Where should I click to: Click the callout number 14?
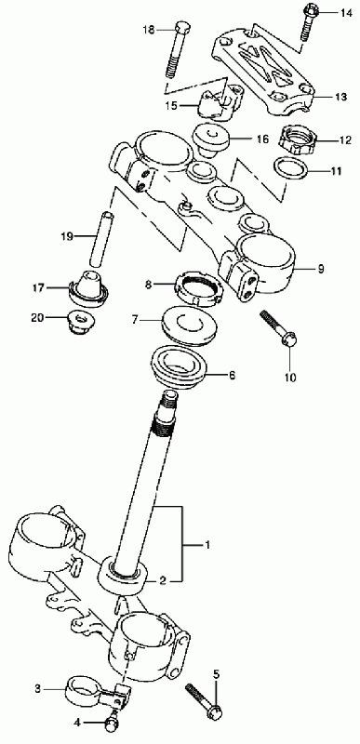click(x=346, y=13)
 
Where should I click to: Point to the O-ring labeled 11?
click(x=291, y=170)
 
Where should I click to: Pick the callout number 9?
click(x=321, y=270)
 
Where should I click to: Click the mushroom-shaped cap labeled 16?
click(x=210, y=138)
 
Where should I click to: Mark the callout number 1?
click(x=207, y=545)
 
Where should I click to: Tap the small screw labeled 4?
click(x=112, y=723)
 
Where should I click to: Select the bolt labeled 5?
click(x=204, y=700)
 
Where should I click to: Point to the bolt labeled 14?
click(x=309, y=22)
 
